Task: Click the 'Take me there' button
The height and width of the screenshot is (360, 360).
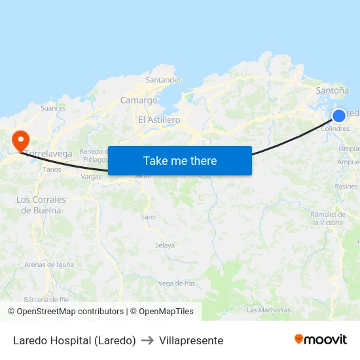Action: (180, 160)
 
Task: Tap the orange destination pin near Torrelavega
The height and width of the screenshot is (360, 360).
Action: (20, 139)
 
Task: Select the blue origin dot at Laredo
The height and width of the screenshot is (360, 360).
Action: (339, 116)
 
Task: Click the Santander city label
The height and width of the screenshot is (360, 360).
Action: (163, 80)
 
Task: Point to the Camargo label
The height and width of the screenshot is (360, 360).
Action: (139, 100)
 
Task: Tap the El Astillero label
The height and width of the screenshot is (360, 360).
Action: (159, 120)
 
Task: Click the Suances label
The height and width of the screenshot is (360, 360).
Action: (53, 108)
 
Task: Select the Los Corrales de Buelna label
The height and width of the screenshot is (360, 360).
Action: (41, 205)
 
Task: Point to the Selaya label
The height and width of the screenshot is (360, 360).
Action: (165, 245)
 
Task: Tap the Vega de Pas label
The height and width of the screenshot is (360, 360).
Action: (177, 283)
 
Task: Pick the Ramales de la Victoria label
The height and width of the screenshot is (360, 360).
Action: (327, 219)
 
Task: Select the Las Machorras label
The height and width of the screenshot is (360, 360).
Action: (268, 310)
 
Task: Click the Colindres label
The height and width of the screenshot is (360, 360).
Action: (335, 129)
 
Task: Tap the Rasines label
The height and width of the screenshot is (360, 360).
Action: (346, 187)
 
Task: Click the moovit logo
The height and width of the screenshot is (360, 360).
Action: (320, 339)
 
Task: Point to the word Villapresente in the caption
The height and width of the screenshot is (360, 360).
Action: (191, 340)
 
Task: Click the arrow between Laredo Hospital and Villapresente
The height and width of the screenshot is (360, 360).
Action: (147, 340)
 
